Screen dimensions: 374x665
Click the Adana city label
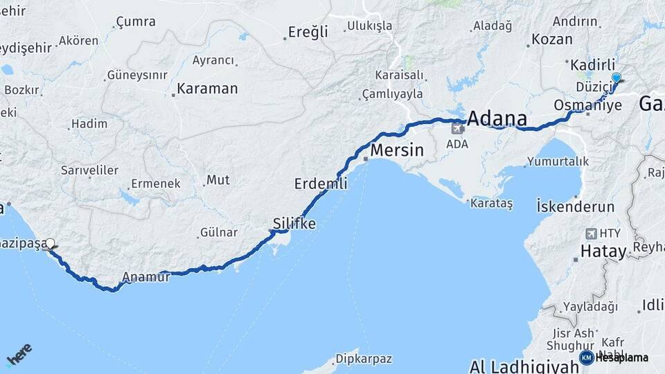pyautogui.click(x=497, y=118)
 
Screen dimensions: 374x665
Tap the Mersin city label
pyautogui.click(x=397, y=150)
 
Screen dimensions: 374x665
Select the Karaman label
pyautogui.click(x=207, y=89)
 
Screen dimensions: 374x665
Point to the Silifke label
pyautogui.click(x=294, y=224)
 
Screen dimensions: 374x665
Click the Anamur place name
pyautogui.click(x=145, y=277)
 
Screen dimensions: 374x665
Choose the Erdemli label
pyautogui.click(x=321, y=184)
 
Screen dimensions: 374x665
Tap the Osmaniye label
pyautogui.click(x=588, y=105)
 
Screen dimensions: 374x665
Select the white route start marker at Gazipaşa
pyautogui.click(x=50, y=243)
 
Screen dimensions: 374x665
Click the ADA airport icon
pyautogui.click(x=457, y=128)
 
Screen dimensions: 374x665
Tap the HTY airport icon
pyautogui.click(x=590, y=233)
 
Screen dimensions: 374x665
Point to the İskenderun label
pyautogui.click(x=576, y=206)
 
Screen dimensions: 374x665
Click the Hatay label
pyautogui.click(x=603, y=251)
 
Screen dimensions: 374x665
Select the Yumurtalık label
pyautogui.click(x=558, y=161)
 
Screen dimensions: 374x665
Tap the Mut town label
pyautogui.click(x=218, y=180)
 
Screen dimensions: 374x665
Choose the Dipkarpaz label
pyautogui.click(x=364, y=359)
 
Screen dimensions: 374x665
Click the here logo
pyautogui.click(x=19, y=354)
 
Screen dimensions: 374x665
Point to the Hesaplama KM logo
pyautogui.click(x=614, y=357)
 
